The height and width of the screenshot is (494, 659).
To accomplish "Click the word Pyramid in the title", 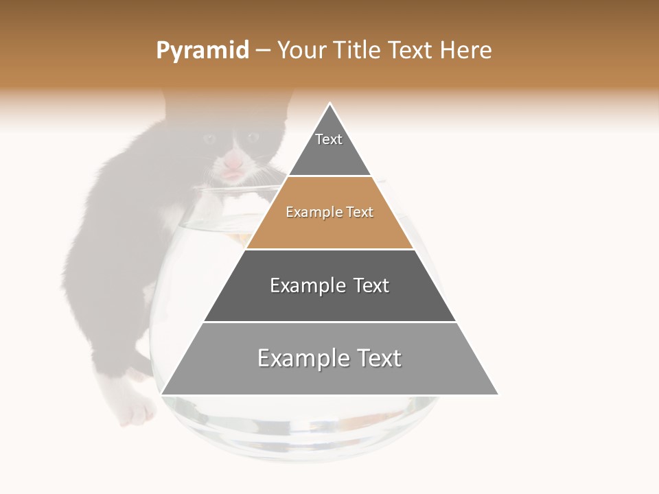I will pyautogui.click(x=202, y=51).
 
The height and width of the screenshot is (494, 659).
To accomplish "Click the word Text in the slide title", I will pyautogui.click(x=412, y=51).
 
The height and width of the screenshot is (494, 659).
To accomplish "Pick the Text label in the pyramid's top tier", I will pyautogui.click(x=329, y=139).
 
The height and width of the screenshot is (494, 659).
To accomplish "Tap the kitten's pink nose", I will pyautogui.click(x=234, y=163).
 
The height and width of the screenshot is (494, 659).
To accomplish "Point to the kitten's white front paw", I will pyautogui.click(x=138, y=412).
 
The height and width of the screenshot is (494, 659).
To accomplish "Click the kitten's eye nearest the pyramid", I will pyautogui.click(x=252, y=137).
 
